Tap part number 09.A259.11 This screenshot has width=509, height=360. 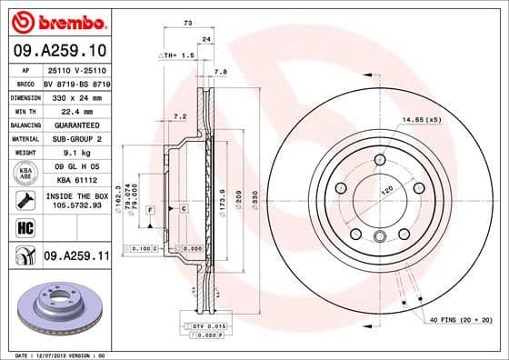click(x=75, y=258)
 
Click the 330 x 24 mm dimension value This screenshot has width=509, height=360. click(x=75, y=95)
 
